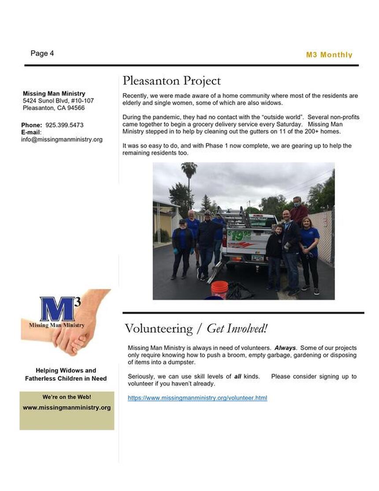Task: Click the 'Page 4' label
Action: click(42, 53)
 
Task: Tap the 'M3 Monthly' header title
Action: click(329, 55)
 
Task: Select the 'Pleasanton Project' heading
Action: click(171, 81)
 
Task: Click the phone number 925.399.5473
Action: click(64, 125)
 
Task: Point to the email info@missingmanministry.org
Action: click(62, 139)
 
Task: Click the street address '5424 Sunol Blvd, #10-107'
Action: click(58, 101)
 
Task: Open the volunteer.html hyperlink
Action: click(197, 398)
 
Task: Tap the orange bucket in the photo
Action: click(219, 289)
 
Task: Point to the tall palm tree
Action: click(189, 176)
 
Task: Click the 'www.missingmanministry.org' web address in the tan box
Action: click(67, 408)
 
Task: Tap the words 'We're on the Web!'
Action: click(67, 397)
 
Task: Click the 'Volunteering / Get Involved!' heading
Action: click(196, 329)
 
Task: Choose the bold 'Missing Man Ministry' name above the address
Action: click(54, 94)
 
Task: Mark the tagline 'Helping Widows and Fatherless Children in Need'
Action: click(66, 375)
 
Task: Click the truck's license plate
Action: click(257, 258)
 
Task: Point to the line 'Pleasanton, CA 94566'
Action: click(54, 108)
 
